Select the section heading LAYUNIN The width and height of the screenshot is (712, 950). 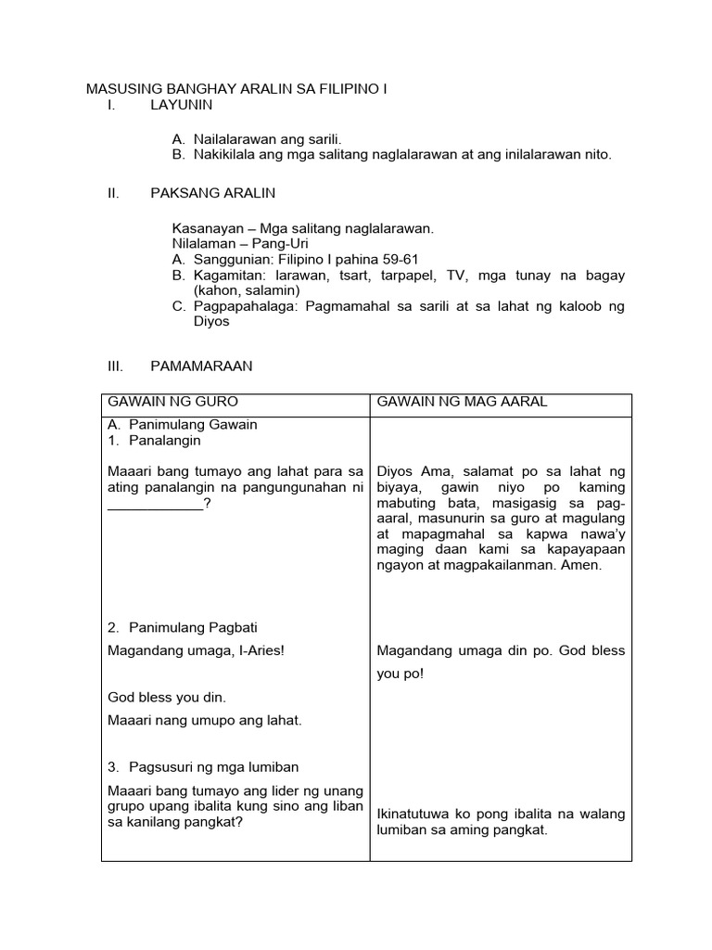coord(182,105)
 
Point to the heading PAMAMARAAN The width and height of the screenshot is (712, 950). coord(201,366)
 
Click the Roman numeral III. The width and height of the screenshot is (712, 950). coord(116,366)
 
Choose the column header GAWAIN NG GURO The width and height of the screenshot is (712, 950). coord(173,401)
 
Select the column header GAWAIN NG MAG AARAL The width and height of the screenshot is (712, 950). coord(462,401)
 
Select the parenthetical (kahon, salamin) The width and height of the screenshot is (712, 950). coord(247,290)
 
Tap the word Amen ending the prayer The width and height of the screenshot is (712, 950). coord(583,565)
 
